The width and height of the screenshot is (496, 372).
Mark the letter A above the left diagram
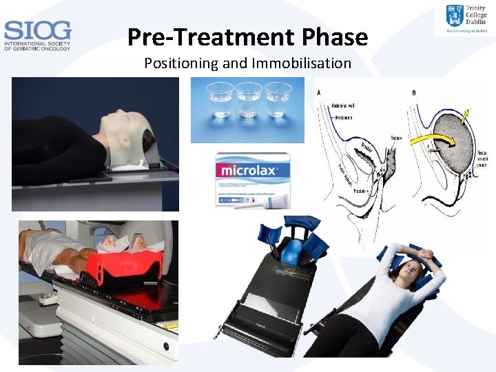(319, 93)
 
